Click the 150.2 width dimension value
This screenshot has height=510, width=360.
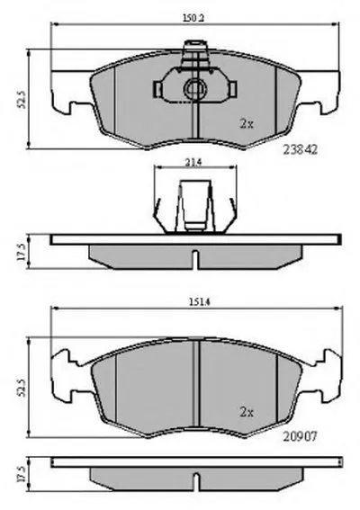tap(194, 19)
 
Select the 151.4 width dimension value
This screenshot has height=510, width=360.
tap(199, 302)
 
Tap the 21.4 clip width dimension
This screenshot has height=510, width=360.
tap(194, 162)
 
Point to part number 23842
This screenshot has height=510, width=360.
tap(300, 149)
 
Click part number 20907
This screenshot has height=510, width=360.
tap(300, 436)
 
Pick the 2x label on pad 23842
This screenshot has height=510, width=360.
tap(247, 123)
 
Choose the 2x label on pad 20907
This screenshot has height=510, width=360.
tap(247, 413)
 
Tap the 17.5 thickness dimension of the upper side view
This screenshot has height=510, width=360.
tap(22, 252)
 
